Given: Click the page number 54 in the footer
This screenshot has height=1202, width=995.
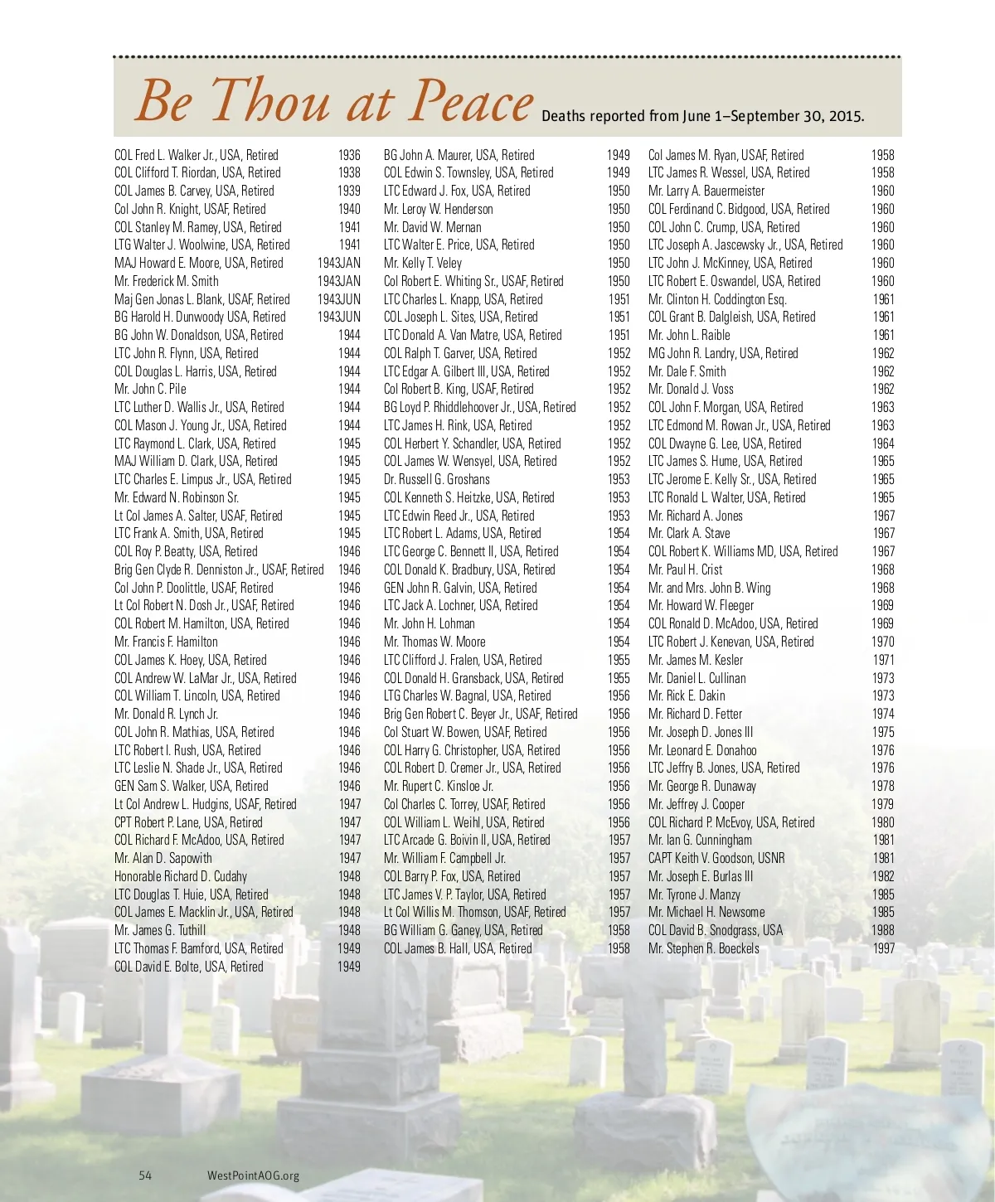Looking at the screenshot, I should [x=145, y=1175].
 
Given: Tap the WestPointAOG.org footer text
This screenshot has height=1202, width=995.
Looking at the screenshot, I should [x=253, y=1175].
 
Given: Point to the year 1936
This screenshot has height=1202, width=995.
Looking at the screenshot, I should [x=349, y=155].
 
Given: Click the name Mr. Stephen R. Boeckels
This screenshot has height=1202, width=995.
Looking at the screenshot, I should [x=703, y=948].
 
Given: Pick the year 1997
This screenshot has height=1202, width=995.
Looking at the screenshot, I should [x=883, y=948].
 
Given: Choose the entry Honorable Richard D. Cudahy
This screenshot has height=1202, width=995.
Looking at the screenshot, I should [x=181, y=876].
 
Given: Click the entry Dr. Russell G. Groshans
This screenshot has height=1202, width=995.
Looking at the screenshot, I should [x=436, y=479].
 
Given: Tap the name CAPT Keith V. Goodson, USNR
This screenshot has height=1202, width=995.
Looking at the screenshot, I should [x=716, y=858].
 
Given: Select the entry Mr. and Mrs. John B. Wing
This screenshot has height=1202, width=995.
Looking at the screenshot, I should [x=709, y=588].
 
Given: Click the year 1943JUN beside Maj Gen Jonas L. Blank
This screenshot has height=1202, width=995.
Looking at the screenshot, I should [x=339, y=299].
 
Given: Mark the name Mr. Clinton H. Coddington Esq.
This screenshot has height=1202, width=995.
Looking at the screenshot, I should [x=717, y=299].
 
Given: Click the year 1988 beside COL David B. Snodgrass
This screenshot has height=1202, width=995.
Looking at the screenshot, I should [x=883, y=930].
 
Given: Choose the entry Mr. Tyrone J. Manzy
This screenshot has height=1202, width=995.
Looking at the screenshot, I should [x=694, y=894].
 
